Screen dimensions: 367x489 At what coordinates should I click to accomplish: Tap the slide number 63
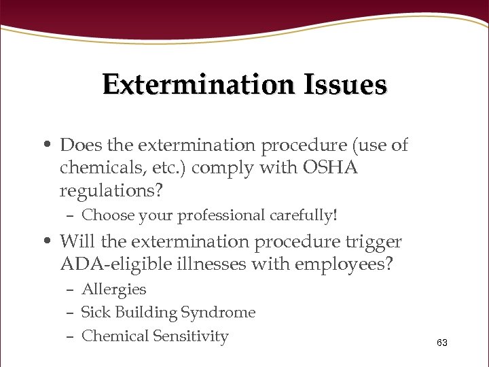click(x=442, y=343)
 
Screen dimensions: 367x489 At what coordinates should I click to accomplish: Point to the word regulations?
click(x=111, y=192)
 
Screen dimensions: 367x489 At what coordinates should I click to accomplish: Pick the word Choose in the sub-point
click(x=106, y=216)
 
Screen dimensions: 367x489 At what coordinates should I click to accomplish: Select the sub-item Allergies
click(x=113, y=290)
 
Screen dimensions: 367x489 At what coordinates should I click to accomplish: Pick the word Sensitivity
click(x=191, y=336)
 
